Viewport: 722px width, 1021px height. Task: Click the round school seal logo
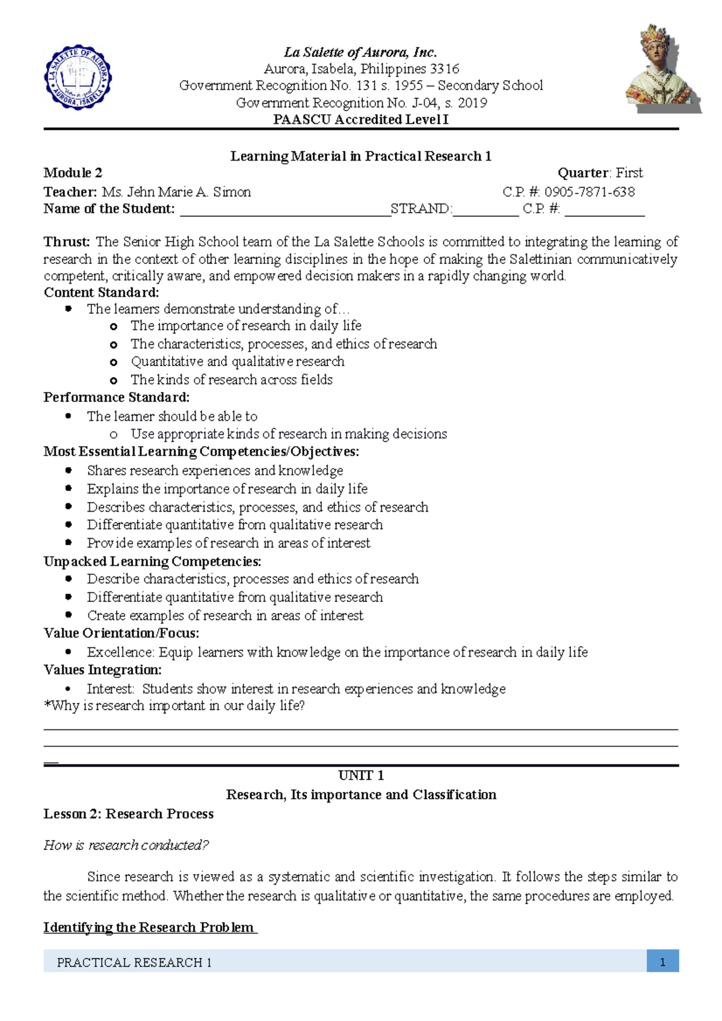(78, 78)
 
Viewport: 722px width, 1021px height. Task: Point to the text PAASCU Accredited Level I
(361, 120)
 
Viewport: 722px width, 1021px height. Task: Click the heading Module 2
(73, 173)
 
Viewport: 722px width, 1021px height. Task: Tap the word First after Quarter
(629, 173)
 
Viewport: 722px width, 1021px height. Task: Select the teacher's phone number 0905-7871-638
(590, 192)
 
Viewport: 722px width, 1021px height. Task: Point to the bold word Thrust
(66, 242)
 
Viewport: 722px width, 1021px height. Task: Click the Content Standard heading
(101, 293)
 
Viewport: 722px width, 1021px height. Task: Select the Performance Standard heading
(116, 397)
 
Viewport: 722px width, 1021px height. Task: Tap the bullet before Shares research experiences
(69, 471)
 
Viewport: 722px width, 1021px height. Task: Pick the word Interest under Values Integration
(110, 689)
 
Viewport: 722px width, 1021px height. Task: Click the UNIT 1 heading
(361, 776)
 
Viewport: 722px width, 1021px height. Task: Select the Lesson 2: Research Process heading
(128, 814)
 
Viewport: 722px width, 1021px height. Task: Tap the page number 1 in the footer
(662, 963)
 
